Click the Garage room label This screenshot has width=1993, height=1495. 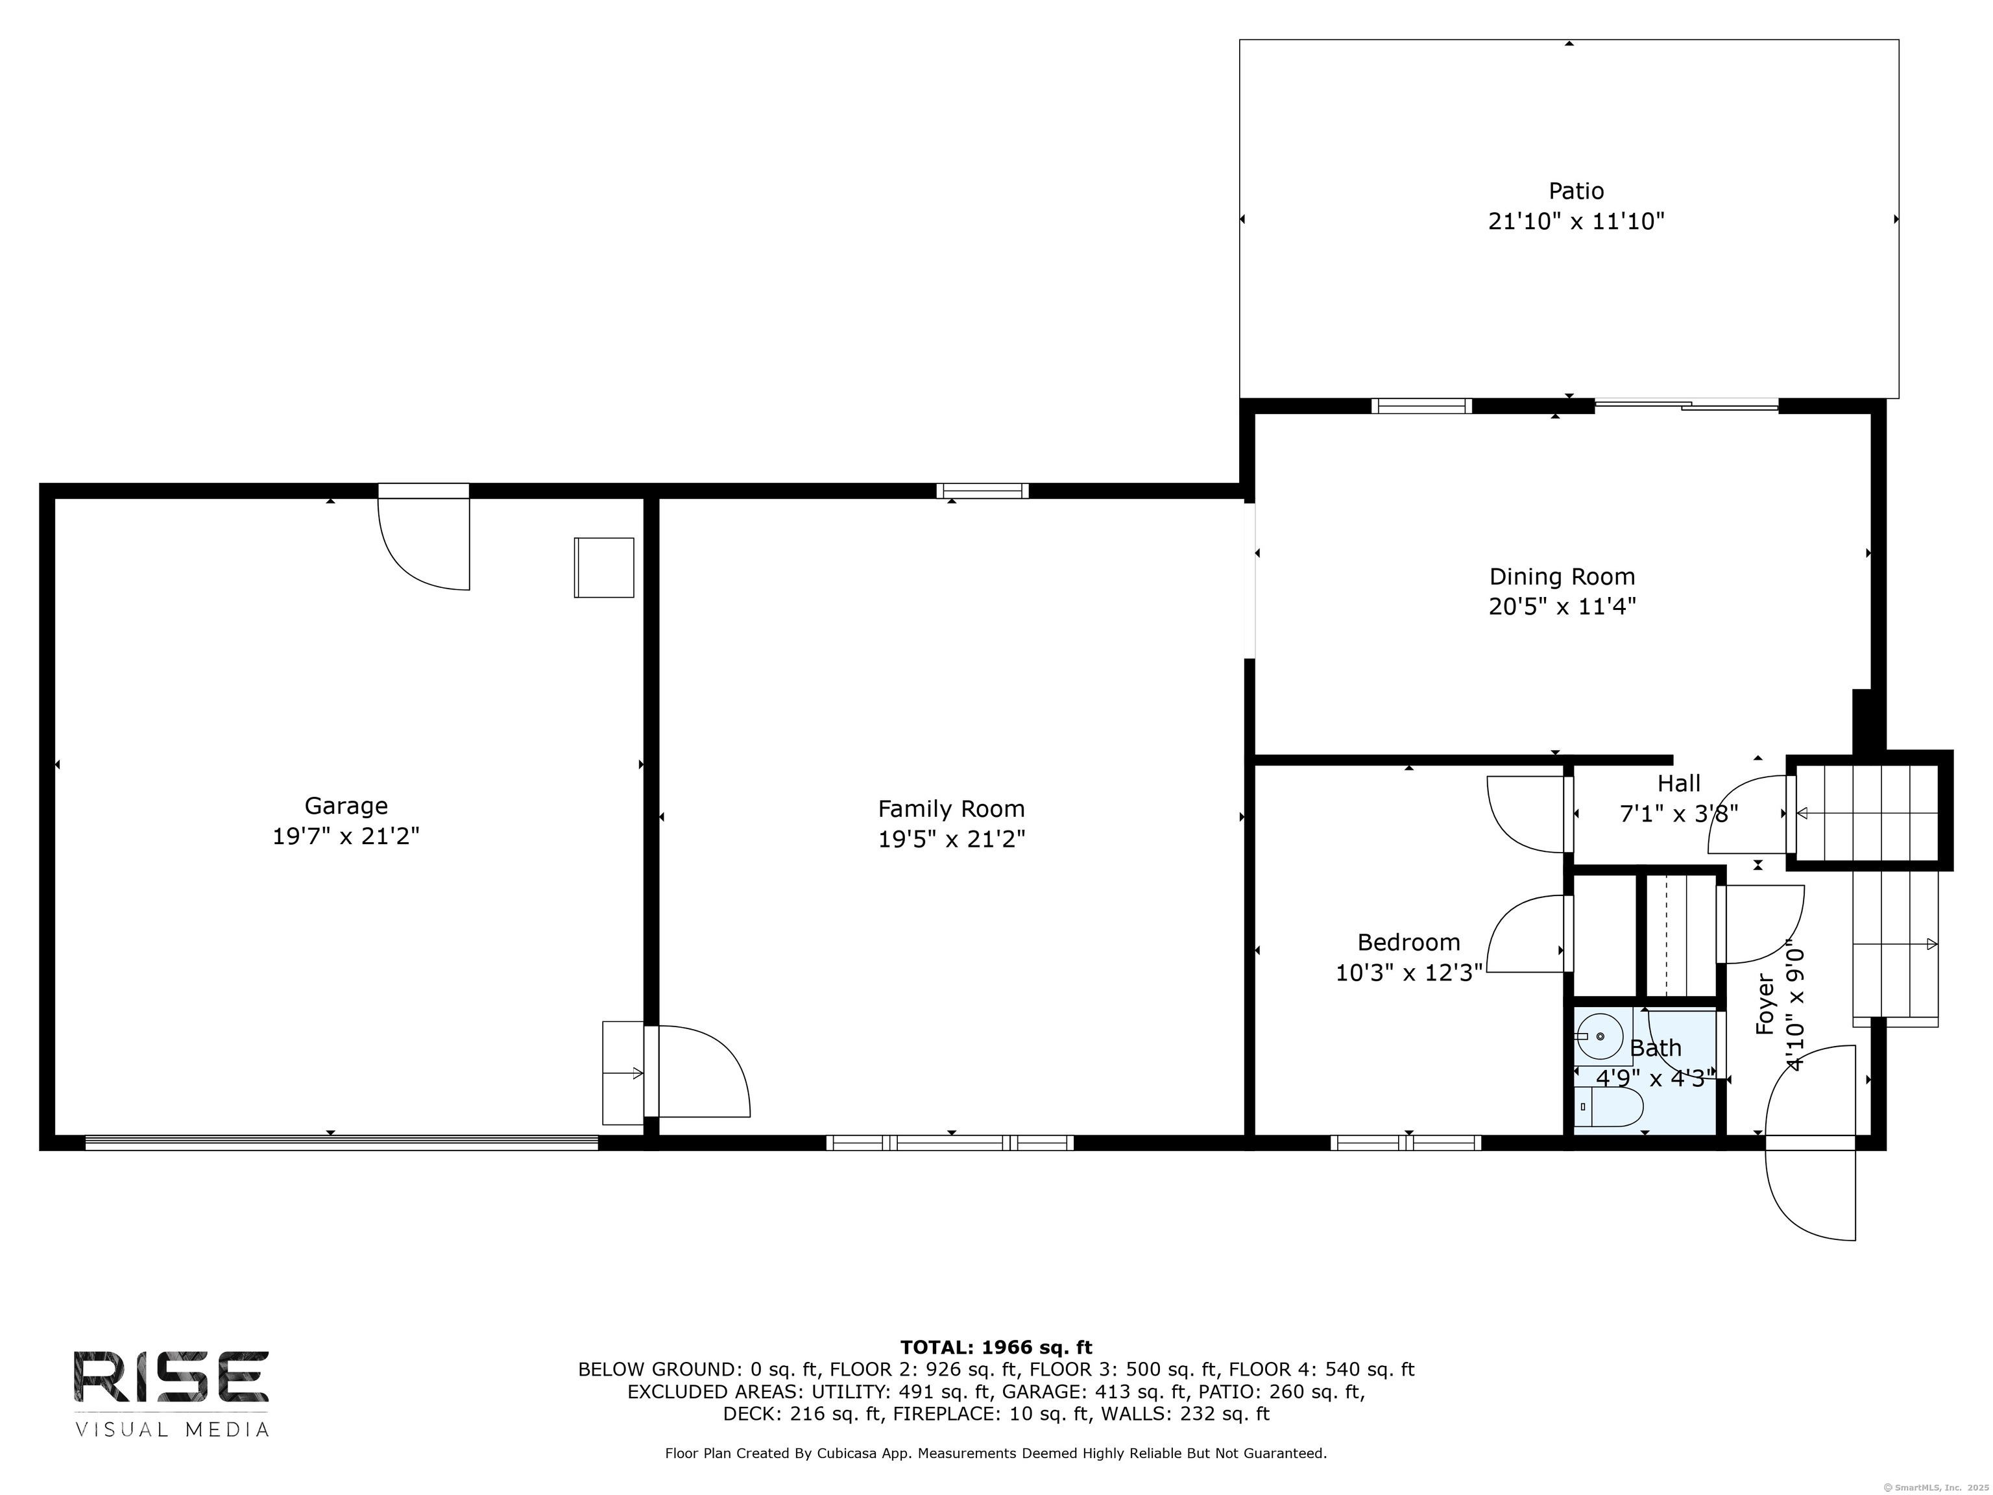pos(346,806)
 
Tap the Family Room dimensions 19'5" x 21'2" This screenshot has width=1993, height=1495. pos(952,839)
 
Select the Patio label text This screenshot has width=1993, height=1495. pos(1576,191)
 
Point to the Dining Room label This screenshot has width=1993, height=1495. pos(1562,577)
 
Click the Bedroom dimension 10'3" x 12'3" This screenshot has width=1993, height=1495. pos(1408,973)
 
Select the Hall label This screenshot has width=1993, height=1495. pos(1678,783)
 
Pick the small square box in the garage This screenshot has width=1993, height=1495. pos(603,568)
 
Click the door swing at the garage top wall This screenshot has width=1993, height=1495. pos(424,541)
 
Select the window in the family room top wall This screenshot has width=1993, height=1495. pos(982,491)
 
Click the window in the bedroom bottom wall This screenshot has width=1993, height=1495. pos(1406,1143)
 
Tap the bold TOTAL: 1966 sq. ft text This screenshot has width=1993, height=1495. pos(996,1347)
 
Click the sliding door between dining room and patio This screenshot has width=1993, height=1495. pos(1685,406)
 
